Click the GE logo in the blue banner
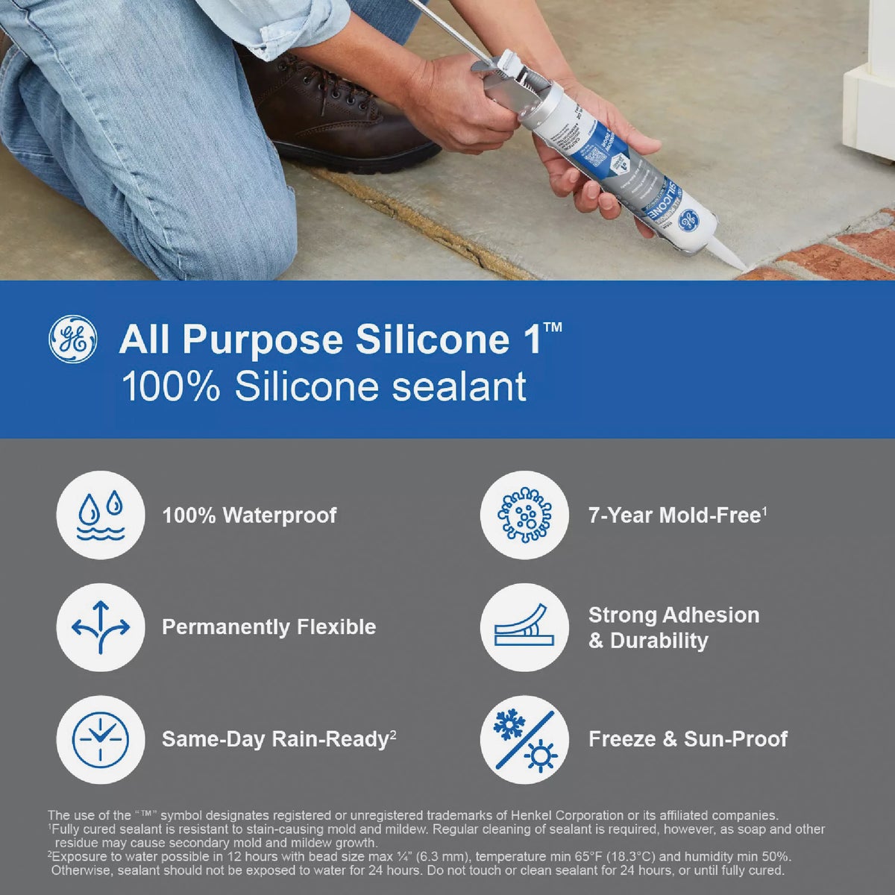(x=72, y=339)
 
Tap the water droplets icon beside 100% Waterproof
(x=100, y=515)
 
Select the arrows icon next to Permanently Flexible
(x=100, y=627)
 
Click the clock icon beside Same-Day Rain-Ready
(x=100, y=739)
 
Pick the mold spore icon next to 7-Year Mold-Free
(x=524, y=515)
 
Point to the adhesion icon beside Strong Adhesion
(x=524, y=627)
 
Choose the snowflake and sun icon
(x=524, y=739)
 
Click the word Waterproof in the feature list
(x=280, y=515)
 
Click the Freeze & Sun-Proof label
(x=688, y=739)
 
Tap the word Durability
(x=659, y=641)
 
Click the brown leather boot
(x=336, y=112)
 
